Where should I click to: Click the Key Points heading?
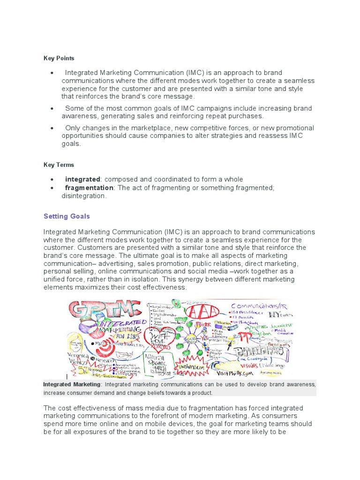coord(59,58)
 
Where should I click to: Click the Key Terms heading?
coord(59,165)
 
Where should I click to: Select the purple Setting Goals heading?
coord(67,217)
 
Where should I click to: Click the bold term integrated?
coord(82,180)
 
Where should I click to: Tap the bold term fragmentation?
coord(89,188)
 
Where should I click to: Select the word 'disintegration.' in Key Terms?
coord(84,196)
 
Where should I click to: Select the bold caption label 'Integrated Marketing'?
coord(72,384)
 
